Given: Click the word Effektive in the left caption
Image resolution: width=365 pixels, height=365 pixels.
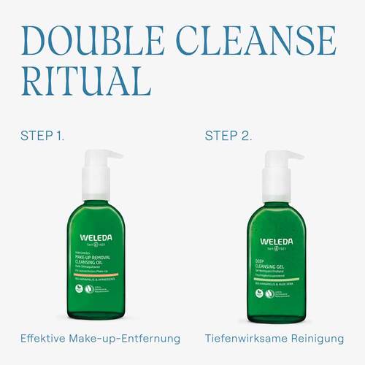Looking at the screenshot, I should [x=44, y=339].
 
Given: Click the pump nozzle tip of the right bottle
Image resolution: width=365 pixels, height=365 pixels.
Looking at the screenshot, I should [x=300, y=155].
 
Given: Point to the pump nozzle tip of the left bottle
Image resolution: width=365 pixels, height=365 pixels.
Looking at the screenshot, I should [x=117, y=155].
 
